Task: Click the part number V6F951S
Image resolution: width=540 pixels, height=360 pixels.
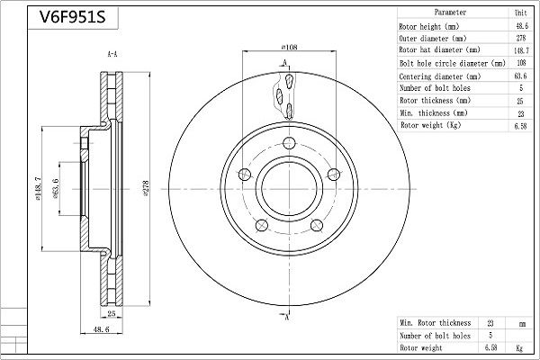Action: (x=72, y=16)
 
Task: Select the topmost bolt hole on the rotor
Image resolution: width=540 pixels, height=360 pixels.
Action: (x=289, y=142)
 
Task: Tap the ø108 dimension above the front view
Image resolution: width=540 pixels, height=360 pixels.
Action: (x=289, y=47)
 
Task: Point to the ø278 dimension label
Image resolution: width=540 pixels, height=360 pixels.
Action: (x=146, y=188)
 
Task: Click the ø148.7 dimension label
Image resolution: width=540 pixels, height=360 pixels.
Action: (x=38, y=188)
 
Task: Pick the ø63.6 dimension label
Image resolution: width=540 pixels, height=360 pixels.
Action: (x=56, y=189)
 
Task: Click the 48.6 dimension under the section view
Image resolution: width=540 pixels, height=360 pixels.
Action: (x=101, y=329)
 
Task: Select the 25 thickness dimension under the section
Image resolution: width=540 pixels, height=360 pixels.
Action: (x=112, y=313)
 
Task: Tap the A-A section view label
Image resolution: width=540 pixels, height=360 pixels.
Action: (x=112, y=54)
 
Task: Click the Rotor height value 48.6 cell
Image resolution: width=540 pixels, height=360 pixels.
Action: (x=522, y=25)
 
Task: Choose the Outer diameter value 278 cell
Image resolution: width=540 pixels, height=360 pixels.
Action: (x=521, y=38)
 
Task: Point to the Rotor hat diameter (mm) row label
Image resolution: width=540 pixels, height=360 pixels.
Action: (x=439, y=50)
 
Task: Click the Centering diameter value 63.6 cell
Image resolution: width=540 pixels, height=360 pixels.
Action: (x=520, y=76)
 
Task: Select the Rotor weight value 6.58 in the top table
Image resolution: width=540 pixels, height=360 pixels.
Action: (x=520, y=126)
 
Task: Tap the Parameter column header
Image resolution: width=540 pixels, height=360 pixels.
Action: (x=450, y=13)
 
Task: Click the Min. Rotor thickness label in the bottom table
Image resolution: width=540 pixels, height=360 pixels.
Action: (x=436, y=323)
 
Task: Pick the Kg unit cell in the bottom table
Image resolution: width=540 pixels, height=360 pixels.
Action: (x=519, y=348)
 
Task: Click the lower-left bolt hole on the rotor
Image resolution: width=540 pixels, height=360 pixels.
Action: (x=262, y=225)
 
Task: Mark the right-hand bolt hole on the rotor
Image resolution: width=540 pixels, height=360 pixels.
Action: (x=334, y=175)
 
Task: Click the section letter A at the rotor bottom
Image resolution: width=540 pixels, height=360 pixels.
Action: (x=286, y=317)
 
